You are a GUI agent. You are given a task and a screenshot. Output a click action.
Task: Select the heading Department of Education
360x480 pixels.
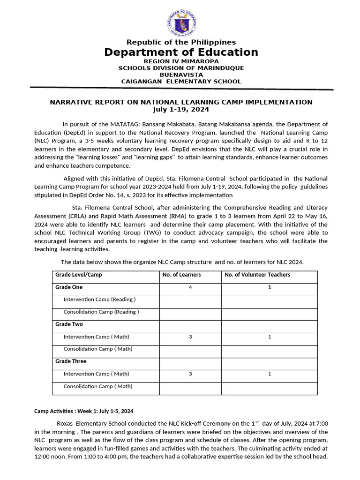(x=181, y=52)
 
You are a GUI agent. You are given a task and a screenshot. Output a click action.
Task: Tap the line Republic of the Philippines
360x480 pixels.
(x=181, y=42)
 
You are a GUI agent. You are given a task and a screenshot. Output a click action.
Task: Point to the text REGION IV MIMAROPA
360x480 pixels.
(x=181, y=61)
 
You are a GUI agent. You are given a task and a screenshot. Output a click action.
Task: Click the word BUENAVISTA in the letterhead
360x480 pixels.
(x=181, y=75)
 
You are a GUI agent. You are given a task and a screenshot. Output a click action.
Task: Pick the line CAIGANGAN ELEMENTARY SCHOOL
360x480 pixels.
(x=181, y=81)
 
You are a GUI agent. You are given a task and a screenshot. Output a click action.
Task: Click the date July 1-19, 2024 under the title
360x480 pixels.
(x=181, y=109)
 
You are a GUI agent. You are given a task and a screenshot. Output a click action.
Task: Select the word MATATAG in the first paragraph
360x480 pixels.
(x=123, y=124)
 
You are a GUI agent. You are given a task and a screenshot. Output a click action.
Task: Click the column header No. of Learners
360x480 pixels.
(x=181, y=275)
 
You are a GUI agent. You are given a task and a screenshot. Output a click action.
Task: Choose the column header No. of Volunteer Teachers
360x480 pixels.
(x=257, y=275)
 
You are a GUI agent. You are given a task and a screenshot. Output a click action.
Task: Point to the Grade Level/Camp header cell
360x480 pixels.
(x=78, y=275)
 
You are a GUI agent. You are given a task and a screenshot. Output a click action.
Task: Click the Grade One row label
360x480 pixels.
(x=68, y=287)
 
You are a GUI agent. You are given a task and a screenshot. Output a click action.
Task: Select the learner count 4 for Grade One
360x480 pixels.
(x=190, y=287)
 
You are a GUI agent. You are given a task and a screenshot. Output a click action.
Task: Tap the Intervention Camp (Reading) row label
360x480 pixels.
(x=99, y=299)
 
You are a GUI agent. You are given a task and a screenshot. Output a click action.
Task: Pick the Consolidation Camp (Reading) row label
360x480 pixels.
(x=101, y=312)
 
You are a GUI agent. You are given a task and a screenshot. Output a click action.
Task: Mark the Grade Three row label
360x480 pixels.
(x=71, y=361)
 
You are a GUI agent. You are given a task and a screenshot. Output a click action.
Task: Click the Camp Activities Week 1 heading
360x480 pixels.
(x=84, y=411)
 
